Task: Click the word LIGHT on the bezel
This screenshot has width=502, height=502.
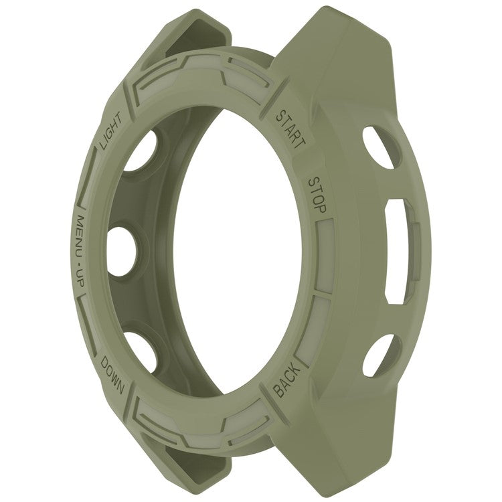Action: coord(110,131)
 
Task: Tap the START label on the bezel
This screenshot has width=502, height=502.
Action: coord(290,130)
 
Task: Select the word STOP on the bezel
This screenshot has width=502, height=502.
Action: coord(317,195)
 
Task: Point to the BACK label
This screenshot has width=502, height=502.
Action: coord(287,382)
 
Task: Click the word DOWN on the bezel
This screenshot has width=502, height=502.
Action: coord(112,375)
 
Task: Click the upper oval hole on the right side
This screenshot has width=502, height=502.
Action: coord(382,147)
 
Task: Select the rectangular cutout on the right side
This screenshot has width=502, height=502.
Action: coord(402,252)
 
